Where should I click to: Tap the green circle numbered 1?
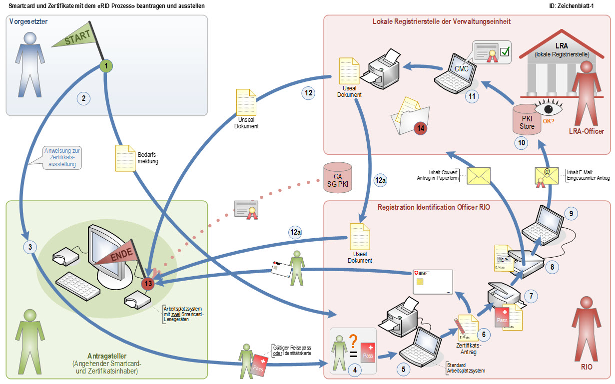click(x=105, y=65)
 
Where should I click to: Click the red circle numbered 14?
click(x=421, y=128)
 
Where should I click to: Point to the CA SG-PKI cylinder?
click(x=338, y=177)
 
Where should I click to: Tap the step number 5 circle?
click(x=404, y=370)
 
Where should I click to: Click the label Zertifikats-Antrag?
click(x=469, y=348)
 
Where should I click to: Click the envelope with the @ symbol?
click(x=547, y=174)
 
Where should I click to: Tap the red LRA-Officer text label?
click(x=586, y=131)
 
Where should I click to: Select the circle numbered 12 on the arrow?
click(x=308, y=92)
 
